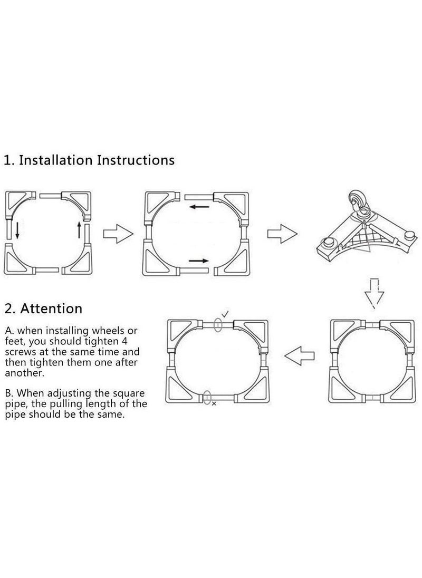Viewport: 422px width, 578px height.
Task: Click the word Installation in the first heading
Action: [x=56, y=160]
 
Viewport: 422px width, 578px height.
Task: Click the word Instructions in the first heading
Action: [x=136, y=160]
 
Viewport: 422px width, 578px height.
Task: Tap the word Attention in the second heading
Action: [x=51, y=309]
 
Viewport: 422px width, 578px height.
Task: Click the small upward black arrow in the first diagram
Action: [x=79, y=229]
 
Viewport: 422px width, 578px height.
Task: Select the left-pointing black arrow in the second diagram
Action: [x=199, y=207]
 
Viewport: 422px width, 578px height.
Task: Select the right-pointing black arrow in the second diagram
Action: [x=199, y=261]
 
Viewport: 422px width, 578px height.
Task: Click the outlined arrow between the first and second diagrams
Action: [x=118, y=234]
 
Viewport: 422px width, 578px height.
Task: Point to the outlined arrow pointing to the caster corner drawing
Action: [x=282, y=234]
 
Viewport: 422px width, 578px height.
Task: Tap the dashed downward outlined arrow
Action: [x=374, y=292]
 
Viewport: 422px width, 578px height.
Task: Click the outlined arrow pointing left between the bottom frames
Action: [x=299, y=356]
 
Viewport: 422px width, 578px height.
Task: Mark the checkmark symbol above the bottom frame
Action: [x=225, y=314]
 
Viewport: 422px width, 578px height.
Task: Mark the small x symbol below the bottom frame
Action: [x=214, y=403]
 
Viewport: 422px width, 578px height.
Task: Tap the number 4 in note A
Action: [x=124, y=341]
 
